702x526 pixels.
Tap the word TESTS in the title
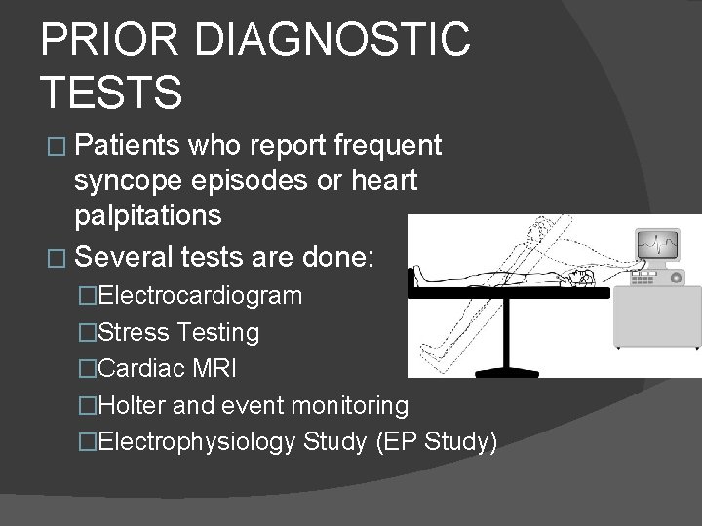pyautogui.click(x=111, y=93)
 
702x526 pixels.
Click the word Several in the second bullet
pyautogui.click(x=123, y=259)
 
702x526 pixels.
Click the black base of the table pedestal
pyautogui.click(x=506, y=361)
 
